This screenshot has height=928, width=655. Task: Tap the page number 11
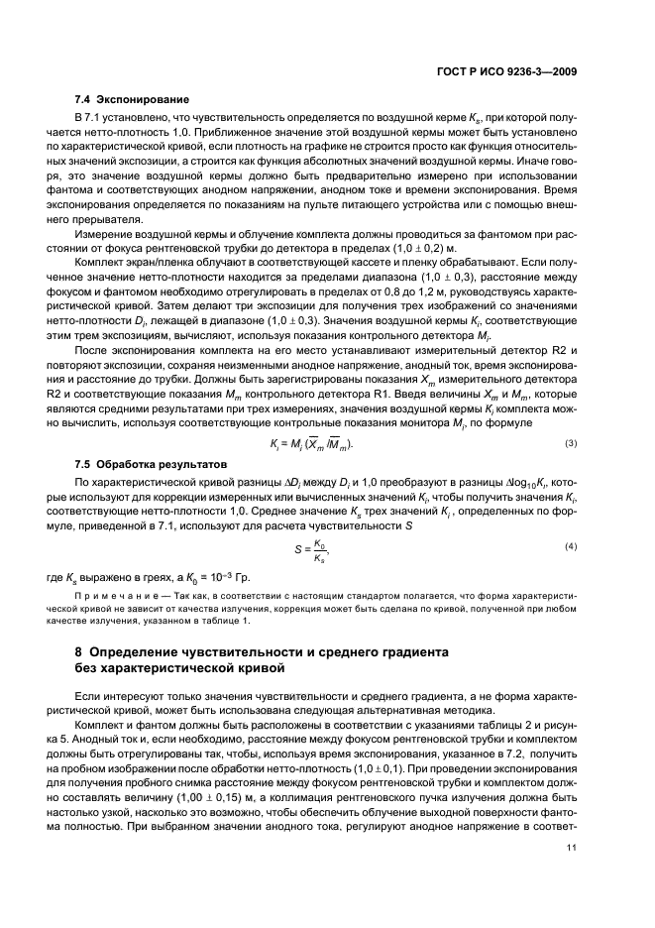coord(571,872)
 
